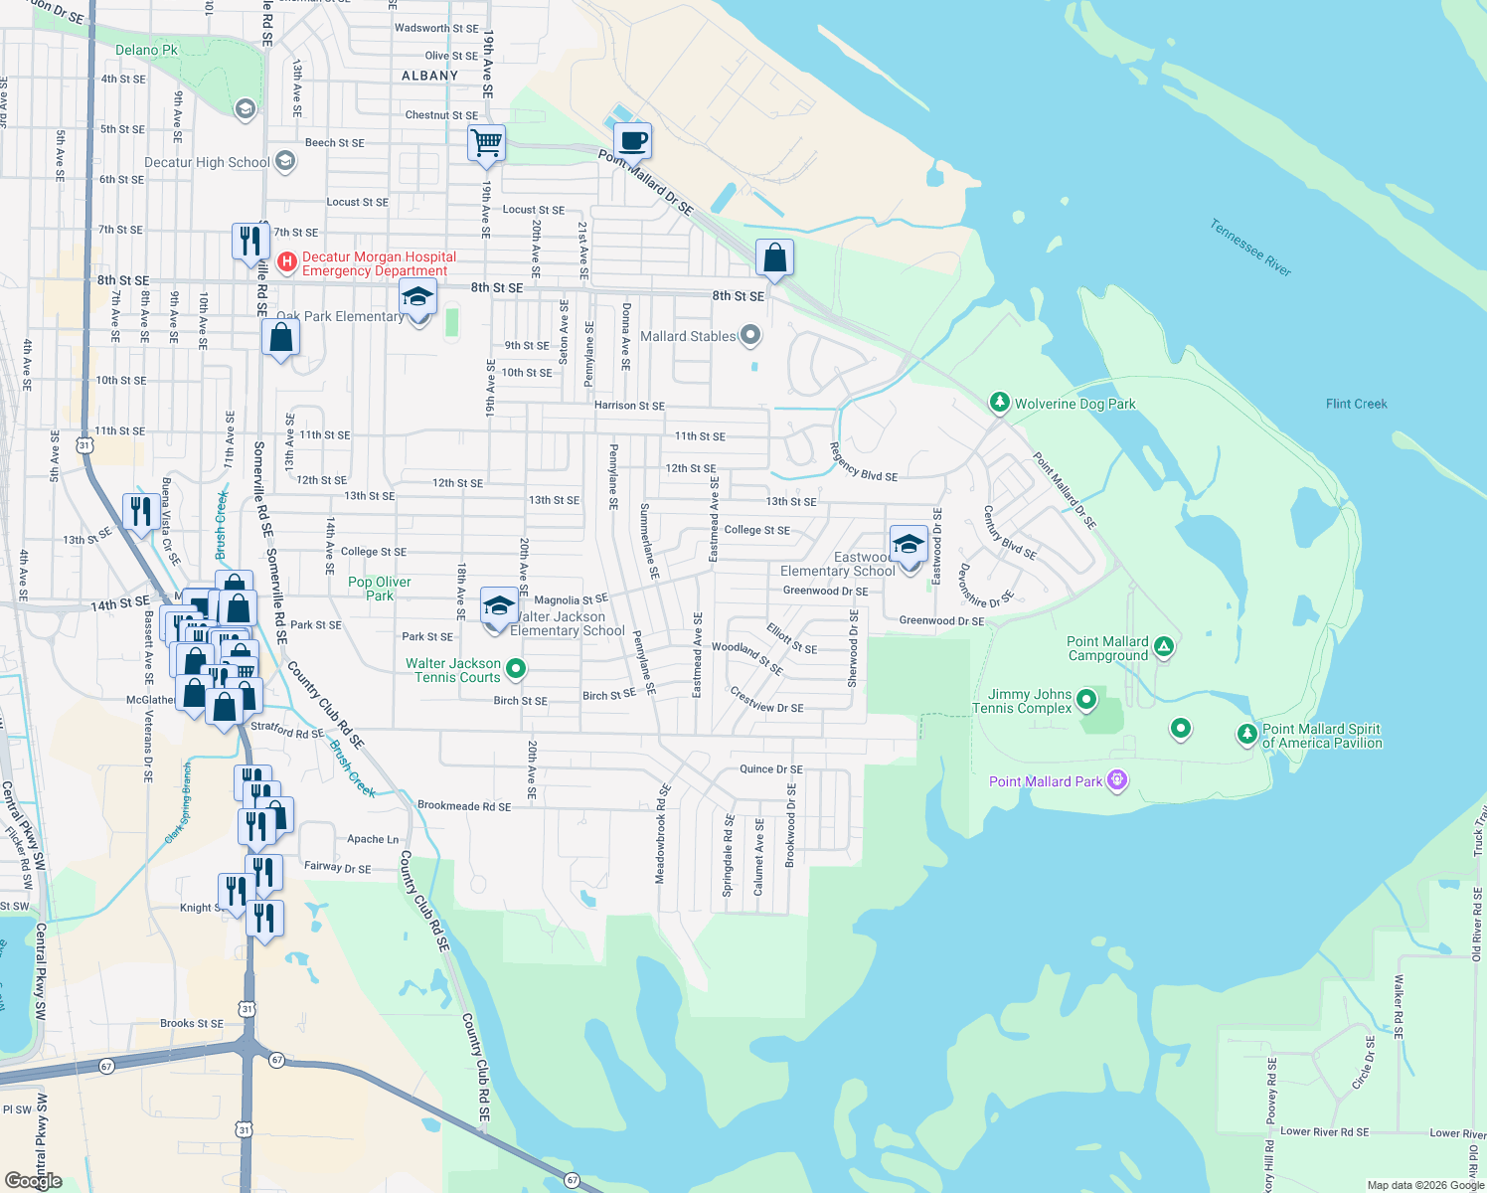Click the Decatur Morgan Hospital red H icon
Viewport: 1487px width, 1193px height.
(x=286, y=262)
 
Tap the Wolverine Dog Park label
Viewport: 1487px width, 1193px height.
(x=1074, y=404)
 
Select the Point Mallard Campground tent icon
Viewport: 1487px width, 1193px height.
(x=1164, y=647)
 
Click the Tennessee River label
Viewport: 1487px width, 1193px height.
(x=1250, y=248)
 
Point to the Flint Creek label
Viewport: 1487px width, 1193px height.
(x=1356, y=404)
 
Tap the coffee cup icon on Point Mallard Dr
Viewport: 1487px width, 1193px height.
(x=632, y=141)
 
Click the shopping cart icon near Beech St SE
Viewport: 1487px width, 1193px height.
(x=487, y=143)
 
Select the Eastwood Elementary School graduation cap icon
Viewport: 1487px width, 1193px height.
(x=909, y=545)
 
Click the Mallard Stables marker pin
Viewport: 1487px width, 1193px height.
(x=750, y=336)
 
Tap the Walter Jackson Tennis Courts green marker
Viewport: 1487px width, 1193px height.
(x=515, y=669)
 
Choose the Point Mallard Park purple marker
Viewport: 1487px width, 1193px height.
(x=1117, y=779)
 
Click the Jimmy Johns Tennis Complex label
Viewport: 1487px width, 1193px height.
(x=1030, y=701)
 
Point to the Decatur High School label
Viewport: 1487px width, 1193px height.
(x=207, y=162)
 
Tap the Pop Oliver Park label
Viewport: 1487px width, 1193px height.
(x=380, y=589)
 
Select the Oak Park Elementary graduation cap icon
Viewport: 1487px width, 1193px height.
(x=417, y=297)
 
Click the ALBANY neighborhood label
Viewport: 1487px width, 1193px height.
(x=429, y=76)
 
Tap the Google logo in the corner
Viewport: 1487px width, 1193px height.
(x=34, y=1180)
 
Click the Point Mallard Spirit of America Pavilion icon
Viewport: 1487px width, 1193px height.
(x=1246, y=735)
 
